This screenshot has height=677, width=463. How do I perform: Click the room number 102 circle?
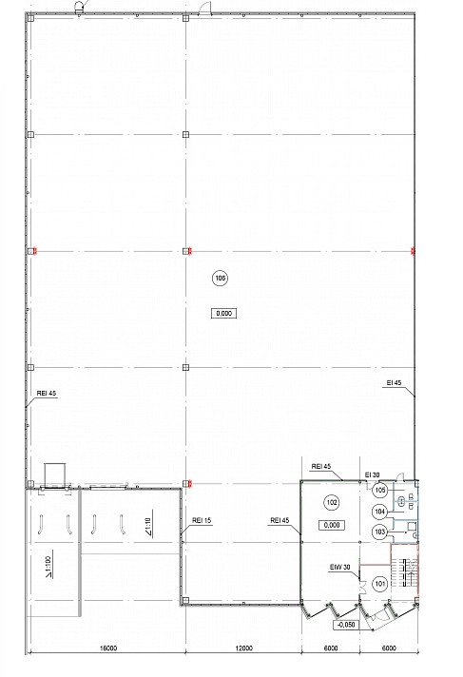[332, 502]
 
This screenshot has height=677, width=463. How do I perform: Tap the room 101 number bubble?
[380, 584]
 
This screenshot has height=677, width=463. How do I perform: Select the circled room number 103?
[379, 532]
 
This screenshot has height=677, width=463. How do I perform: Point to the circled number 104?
[379, 512]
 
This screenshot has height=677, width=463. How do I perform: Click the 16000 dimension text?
[108, 648]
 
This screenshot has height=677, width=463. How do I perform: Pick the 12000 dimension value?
[244, 648]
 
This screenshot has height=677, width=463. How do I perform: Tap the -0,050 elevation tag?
[346, 625]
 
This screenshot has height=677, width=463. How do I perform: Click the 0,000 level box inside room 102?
[332, 525]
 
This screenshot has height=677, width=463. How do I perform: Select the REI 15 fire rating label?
[202, 520]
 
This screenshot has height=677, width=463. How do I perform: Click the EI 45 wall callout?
[394, 382]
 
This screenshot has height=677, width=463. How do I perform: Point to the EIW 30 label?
[340, 567]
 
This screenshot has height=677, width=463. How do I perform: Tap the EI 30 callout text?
[373, 474]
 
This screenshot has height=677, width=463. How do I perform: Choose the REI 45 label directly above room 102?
[321, 466]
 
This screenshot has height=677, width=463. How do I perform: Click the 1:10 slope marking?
[148, 528]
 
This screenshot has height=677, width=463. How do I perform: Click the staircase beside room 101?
[406, 572]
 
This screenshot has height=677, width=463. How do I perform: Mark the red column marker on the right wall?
[413, 251]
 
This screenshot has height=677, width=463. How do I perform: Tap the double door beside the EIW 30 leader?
[362, 587]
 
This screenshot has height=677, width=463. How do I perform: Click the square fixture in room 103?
[412, 526]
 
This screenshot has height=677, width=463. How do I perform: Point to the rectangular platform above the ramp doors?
[55, 475]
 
